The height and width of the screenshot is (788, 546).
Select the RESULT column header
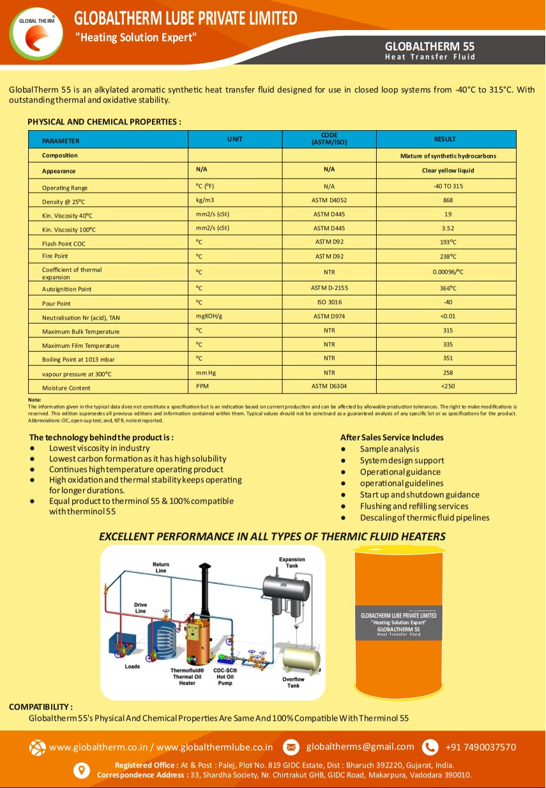click(x=445, y=139)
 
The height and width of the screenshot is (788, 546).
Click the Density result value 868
click(x=448, y=200)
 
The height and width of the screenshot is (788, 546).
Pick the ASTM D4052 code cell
click(x=329, y=200)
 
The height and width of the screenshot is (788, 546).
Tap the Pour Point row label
click(x=56, y=304)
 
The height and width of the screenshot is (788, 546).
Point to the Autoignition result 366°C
click(x=448, y=288)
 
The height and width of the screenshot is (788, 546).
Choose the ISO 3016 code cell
click(x=329, y=302)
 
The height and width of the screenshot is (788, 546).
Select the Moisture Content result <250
click(x=448, y=386)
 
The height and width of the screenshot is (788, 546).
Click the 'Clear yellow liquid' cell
click(x=448, y=170)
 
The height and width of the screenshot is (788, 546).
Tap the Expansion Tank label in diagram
click(x=292, y=562)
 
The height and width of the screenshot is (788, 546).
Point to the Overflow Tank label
click(x=293, y=682)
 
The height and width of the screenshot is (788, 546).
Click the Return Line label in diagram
click(x=160, y=567)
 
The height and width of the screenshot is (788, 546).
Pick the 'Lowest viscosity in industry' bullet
click(x=99, y=448)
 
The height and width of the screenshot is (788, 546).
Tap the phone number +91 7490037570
click(x=480, y=747)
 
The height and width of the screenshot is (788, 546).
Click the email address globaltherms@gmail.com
click(x=360, y=747)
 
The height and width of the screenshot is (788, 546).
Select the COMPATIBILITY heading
click(x=40, y=707)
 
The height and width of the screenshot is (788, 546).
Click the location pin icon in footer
click(x=82, y=770)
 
